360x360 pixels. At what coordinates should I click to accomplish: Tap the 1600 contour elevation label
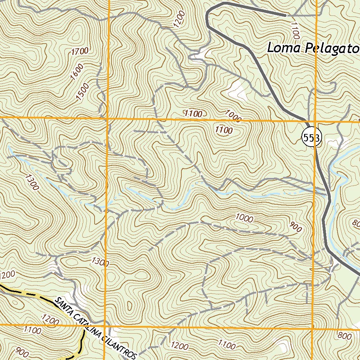click(77, 72)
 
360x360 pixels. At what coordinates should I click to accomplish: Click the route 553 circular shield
click(311, 138)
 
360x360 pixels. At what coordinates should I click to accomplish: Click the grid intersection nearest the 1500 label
click(107, 118)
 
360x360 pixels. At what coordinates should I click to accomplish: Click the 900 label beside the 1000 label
click(295, 227)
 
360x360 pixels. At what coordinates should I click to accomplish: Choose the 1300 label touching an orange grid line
click(101, 262)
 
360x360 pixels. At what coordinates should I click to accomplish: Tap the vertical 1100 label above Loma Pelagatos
click(295, 30)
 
